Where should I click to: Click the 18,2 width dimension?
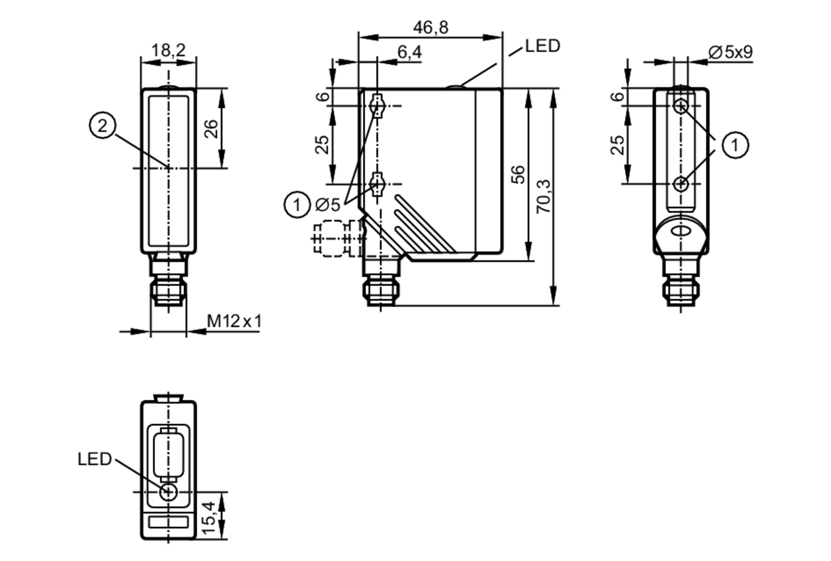[x=168, y=50]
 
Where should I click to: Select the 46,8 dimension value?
[x=430, y=27]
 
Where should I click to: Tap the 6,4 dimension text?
[x=409, y=52]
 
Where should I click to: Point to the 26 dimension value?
[x=211, y=128]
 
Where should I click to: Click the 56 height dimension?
[x=518, y=174]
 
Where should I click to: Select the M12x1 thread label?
[x=235, y=321]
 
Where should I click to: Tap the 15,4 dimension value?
[x=209, y=518]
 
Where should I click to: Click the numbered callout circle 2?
[x=102, y=125]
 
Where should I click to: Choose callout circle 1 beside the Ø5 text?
[x=297, y=204]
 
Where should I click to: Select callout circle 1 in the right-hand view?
[x=735, y=145]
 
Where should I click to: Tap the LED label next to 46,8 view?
[x=543, y=46]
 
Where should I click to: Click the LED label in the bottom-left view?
[x=95, y=459]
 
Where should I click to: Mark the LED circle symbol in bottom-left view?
[x=168, y=492]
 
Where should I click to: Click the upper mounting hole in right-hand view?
[x=681, y=106]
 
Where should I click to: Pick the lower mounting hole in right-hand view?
[x=681, y=183]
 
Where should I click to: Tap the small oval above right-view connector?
[x=681, y=232]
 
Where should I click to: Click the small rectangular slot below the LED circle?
[x=168, y=522]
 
